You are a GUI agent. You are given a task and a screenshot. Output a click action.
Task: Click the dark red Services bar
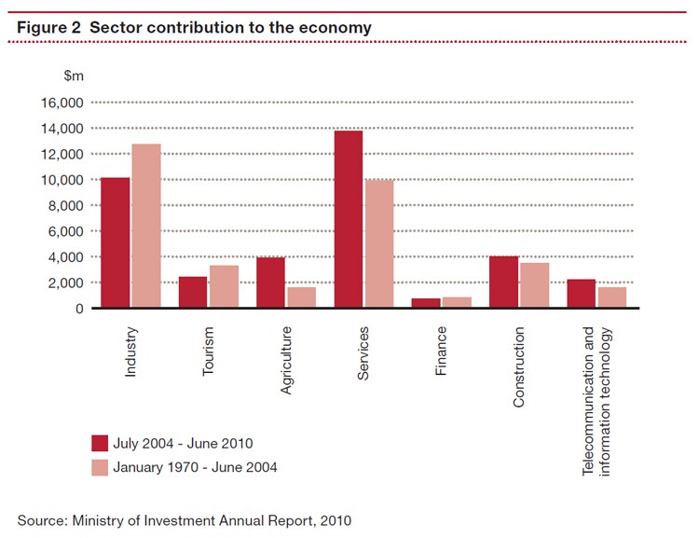[349, 219]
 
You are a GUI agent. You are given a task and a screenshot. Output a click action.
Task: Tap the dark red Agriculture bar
[270, 282]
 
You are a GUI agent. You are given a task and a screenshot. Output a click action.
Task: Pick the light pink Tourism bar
[224, 286]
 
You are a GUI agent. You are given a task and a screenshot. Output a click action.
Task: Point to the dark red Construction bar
[504, 282]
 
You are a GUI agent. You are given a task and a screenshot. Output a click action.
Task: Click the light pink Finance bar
[457, 302]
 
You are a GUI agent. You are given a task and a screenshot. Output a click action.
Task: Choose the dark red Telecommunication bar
[582, 293]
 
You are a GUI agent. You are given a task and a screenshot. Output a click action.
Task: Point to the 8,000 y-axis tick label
[62, 205]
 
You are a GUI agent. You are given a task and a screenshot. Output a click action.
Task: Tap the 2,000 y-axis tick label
[62, 283]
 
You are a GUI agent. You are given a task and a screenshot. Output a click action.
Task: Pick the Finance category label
[442, 350]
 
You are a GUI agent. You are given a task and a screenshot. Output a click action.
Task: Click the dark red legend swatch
[100, 443]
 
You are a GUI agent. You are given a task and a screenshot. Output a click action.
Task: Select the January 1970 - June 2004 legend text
[195, 467]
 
